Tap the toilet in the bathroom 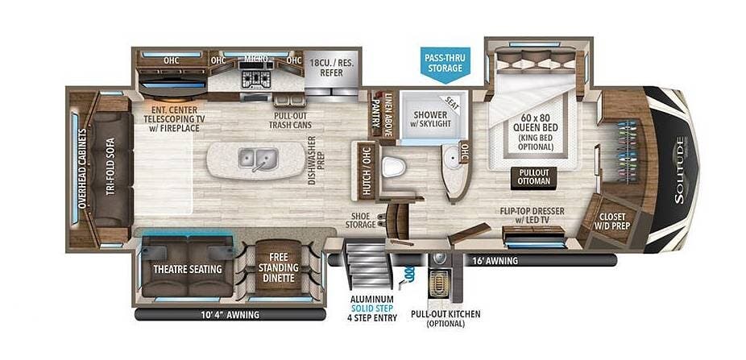tap(393, 167)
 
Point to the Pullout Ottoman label tap(533, 177)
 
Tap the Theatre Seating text tap(188, 269)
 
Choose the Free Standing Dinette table tap(278, 266)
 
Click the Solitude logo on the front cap tap(681, 170)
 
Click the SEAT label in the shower tap(453, 104)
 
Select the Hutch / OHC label tap(367, 171)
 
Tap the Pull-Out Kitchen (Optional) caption tap(446, 319)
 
